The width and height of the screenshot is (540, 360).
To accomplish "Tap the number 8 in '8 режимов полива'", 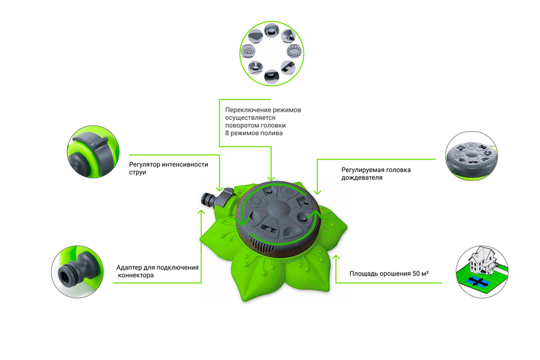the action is pos(227,133).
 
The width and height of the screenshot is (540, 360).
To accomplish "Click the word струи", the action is pos(137,173).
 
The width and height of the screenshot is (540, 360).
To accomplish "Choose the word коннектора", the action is pos(136,275).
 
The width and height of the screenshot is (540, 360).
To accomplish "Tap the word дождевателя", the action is pos(362,178).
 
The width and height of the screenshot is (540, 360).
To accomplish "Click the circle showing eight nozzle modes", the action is pos(272,53).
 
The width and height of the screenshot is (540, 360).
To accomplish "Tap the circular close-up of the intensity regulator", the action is pos(93,151).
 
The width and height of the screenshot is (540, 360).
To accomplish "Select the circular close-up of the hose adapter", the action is pos(78,271).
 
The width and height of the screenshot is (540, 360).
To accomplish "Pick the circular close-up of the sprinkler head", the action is pos(471,156).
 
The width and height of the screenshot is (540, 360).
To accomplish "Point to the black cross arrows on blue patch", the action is pos(478,282).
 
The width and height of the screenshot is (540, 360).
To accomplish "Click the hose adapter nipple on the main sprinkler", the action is pos(207,199).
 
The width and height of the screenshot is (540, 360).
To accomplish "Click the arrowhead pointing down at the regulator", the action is pos(219,189).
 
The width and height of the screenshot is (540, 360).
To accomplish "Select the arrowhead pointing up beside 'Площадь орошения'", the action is pos(336,258).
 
